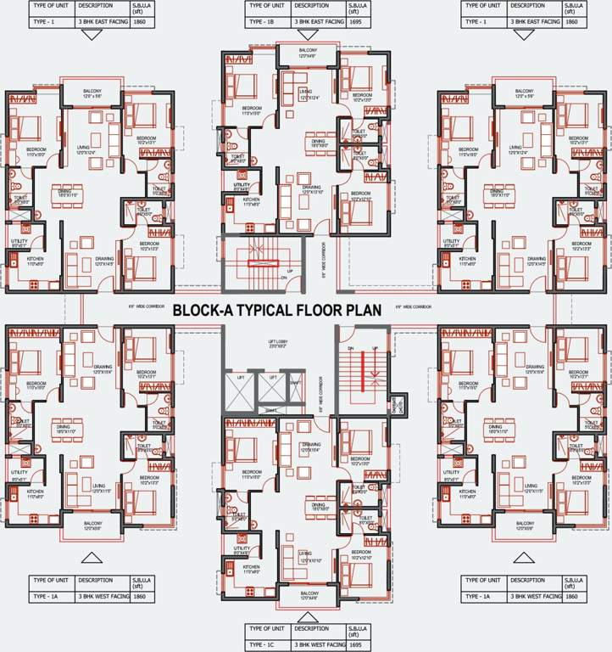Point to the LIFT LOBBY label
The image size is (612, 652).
(x=278, y=341)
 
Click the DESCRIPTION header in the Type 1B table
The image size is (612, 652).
(x=310, y=5)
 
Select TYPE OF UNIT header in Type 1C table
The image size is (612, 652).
(x=265, y=629)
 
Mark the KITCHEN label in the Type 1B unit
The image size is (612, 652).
(x=251, y=200)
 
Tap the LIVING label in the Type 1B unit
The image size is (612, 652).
(x=306, y=92)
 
